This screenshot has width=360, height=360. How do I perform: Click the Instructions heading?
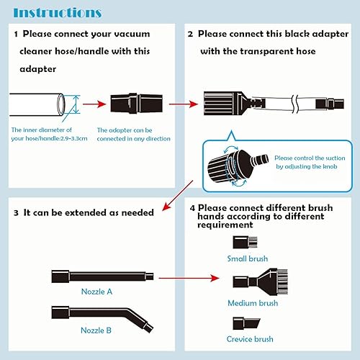[x=58, y=12]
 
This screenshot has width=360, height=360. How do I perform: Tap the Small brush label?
[x=247, y=258]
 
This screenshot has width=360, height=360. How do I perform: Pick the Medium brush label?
[x=253, y=303]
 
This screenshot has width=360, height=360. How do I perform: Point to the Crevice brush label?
[x=250, y=339]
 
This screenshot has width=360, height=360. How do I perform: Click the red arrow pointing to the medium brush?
[x=189, y=277]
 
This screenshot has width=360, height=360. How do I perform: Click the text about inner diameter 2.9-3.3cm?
[x=48, y=134]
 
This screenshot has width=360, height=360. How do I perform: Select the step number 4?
[x=192, y=209]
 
